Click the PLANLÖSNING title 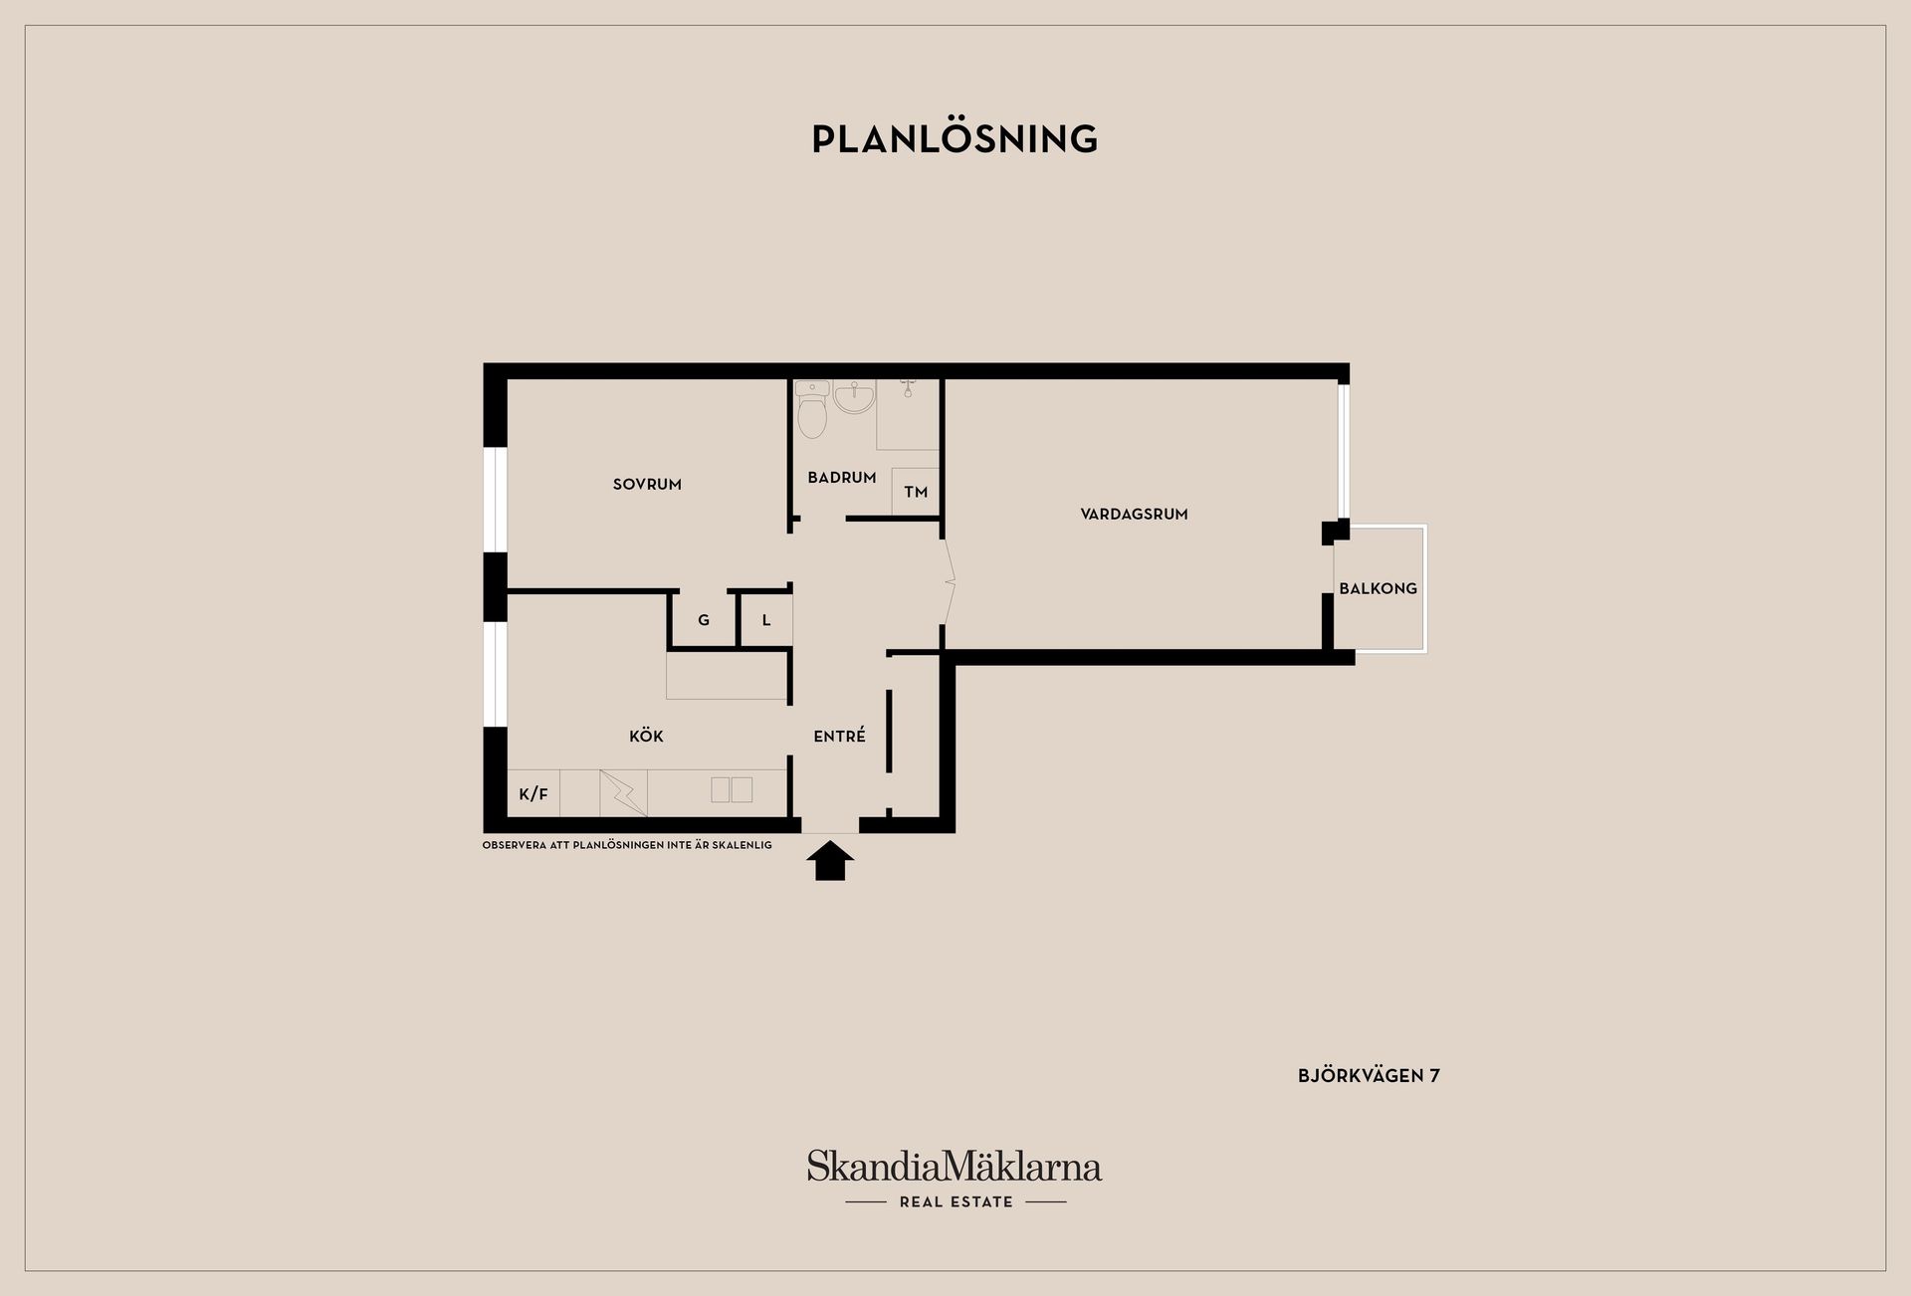[955, 139]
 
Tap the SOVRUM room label [647, 485]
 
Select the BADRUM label [842, 478]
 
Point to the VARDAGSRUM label [1134, 515]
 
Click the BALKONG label [1378, 588]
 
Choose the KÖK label [646, 736]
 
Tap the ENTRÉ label [839, 736]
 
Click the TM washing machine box [916, 492]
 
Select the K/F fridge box [533, 793]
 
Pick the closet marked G [704, 620]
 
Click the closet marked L [766, 620]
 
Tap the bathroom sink [854, 397]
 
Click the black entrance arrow [829, 861]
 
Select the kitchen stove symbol [623, 793]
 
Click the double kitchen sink [732, 790]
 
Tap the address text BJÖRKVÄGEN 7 [1369, 1075]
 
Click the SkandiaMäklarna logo [955, 1167]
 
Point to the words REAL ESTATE [955, 1201]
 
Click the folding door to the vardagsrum [949, 581]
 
